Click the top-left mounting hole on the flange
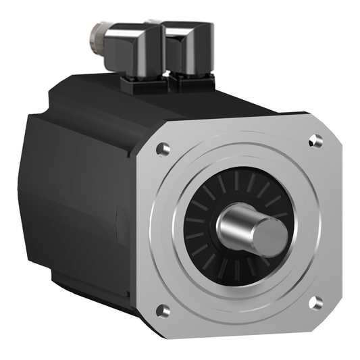tap(163, 149)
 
